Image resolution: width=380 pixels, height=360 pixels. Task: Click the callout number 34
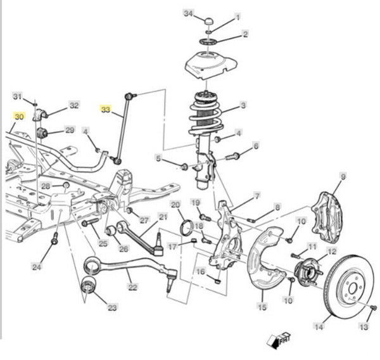pos(188,13)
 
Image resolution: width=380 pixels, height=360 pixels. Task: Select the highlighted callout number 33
pos(105,109)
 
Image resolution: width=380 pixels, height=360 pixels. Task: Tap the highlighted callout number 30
pos(19,117)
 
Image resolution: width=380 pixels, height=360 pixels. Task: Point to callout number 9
pos(343,176)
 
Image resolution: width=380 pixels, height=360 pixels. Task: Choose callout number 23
pos(112,308)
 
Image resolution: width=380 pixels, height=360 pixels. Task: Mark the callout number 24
pos(37,267)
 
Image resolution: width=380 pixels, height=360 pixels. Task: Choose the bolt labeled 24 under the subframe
pos(54,240)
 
